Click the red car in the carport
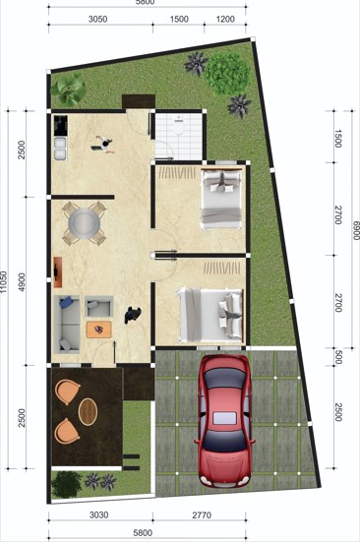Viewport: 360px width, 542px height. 225,421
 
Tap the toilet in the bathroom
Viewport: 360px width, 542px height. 179,125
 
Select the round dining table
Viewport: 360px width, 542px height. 84,223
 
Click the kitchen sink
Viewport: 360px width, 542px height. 60,149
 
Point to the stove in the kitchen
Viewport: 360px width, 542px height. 60,126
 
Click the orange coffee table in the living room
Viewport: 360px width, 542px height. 98,330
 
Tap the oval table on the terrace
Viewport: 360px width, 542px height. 88,412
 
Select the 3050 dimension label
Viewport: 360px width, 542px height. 97,19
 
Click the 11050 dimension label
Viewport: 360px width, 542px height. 4,282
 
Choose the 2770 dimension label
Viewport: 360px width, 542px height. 202,515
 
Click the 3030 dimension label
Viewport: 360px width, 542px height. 98,515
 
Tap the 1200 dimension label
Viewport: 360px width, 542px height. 225,19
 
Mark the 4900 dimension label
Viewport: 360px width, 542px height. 22,282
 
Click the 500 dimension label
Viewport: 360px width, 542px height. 338,357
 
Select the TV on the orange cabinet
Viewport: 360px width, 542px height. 56,271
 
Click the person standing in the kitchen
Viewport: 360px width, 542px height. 103,145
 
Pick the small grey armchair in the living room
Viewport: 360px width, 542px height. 98,306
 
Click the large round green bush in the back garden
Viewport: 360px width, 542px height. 226,74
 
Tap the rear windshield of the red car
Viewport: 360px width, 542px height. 225,441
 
